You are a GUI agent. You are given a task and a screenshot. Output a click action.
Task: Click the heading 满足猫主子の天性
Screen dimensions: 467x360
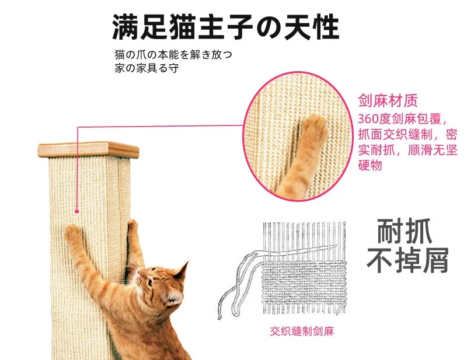[x=225, y=27]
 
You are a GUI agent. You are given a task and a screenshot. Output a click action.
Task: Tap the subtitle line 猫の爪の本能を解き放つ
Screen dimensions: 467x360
[x=173, y=55]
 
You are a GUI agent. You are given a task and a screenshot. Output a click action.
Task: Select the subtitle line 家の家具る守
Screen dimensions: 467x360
[x=147, y=68]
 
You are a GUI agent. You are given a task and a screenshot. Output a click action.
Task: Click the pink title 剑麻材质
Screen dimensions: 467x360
[x=388, y=100]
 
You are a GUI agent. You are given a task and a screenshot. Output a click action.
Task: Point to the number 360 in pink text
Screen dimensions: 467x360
[x=368, y=119]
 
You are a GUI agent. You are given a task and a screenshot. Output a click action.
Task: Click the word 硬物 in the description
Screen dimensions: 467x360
[x=370, y=165]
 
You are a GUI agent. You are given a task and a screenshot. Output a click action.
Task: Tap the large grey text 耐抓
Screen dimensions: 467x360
[x=404, y=232]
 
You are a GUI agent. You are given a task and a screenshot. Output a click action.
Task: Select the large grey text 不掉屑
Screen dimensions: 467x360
[x=407, y=260]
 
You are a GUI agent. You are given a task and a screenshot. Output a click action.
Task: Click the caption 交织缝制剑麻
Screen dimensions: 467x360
[x=302, y=331]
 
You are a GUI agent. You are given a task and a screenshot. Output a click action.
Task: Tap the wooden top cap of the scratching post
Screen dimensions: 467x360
[x=89, y=149]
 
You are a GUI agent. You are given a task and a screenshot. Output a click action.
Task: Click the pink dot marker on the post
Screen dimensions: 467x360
[x=77, y=211]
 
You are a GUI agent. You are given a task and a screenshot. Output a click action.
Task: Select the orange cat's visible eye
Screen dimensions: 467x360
[x=150, y=282]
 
